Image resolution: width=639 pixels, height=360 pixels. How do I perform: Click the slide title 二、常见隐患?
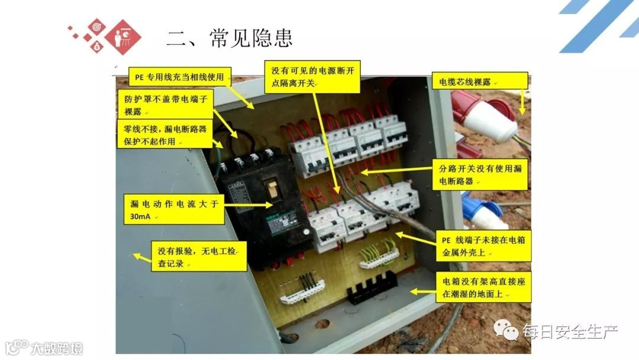(230, 38)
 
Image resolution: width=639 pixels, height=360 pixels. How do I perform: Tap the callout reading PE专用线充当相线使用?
(180, 76)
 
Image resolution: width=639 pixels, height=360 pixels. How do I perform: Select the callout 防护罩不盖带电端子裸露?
(166, 105)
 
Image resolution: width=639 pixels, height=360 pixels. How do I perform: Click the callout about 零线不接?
(164, 134)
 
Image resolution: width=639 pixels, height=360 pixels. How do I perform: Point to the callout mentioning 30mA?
(175, 209)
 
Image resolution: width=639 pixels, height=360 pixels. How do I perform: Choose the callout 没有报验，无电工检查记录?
(199, 256)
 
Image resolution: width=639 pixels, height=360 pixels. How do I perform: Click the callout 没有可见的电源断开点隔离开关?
(312, 76)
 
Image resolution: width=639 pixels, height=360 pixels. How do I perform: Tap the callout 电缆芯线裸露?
(480, 81)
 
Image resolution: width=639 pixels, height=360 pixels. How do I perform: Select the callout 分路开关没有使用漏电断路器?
(480, 175)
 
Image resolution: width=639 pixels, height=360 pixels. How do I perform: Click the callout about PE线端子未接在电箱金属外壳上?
(483, 246)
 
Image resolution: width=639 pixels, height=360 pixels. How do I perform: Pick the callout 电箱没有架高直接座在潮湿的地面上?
(484, 287)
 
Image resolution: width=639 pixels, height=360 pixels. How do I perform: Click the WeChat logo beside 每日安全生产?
(506, 329)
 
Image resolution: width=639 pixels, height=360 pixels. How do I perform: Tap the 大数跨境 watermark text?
(57, 349)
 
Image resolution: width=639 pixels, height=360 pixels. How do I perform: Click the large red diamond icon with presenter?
(122, 37)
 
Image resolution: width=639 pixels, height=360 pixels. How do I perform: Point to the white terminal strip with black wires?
(302, 290)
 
